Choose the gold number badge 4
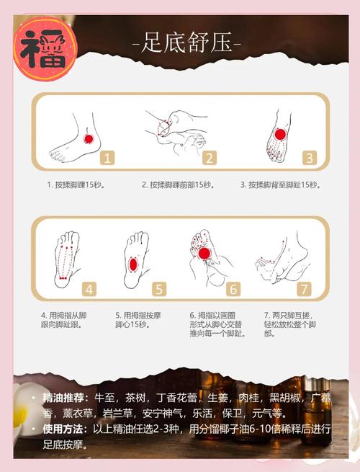click(89, 289)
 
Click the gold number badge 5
click(159, 289)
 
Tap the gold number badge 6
click(233, 289)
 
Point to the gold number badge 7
click(304, 289)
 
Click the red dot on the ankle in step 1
click(89, 138)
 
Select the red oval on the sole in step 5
click(133, 264)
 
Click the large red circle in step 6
click(204, 254)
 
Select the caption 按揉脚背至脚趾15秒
click(280, 184)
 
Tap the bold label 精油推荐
click(66, 398)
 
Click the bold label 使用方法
click(66, 429)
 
